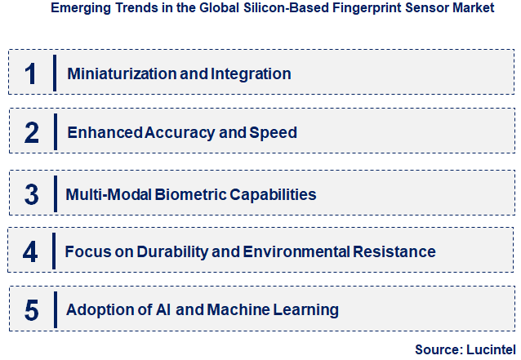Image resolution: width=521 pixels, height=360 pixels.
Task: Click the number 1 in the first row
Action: point(31,73)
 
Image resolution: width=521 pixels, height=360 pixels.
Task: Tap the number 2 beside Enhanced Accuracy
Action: point(31,132)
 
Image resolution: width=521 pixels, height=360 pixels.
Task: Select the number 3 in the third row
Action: point(31,194)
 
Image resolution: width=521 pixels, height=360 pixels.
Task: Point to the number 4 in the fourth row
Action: point(30,251)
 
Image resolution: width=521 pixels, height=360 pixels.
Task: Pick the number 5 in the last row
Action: point(31,310)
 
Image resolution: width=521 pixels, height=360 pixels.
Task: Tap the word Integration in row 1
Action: point(251,73)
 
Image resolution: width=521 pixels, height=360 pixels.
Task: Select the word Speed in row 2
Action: point(277,132)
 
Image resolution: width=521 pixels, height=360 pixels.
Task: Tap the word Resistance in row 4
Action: point(395,251)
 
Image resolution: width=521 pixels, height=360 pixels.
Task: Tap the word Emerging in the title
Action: point(78,8)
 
